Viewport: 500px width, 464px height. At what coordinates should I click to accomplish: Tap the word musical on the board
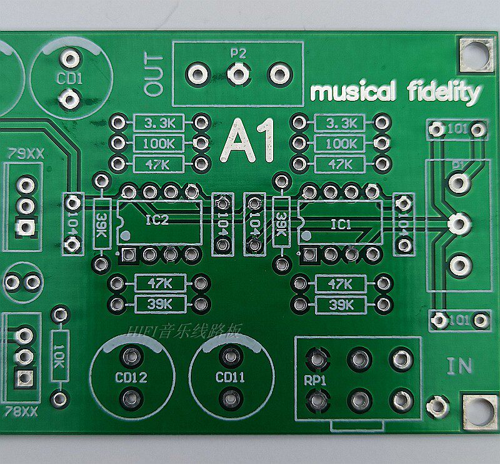pos(353,92)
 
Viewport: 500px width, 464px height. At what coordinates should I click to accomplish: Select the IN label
pos(459,366)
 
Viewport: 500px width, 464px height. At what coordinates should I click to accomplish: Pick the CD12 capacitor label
pos(131,378)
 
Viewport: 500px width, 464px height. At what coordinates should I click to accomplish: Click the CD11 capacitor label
pos(230,378)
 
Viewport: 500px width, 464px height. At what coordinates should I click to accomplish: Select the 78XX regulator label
pos(21,411)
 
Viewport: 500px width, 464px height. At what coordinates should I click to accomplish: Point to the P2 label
pos(237,54)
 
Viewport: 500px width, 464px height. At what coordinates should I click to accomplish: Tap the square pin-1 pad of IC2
pos(129,254)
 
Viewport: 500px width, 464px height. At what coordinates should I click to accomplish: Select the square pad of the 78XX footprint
pos(24,378)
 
